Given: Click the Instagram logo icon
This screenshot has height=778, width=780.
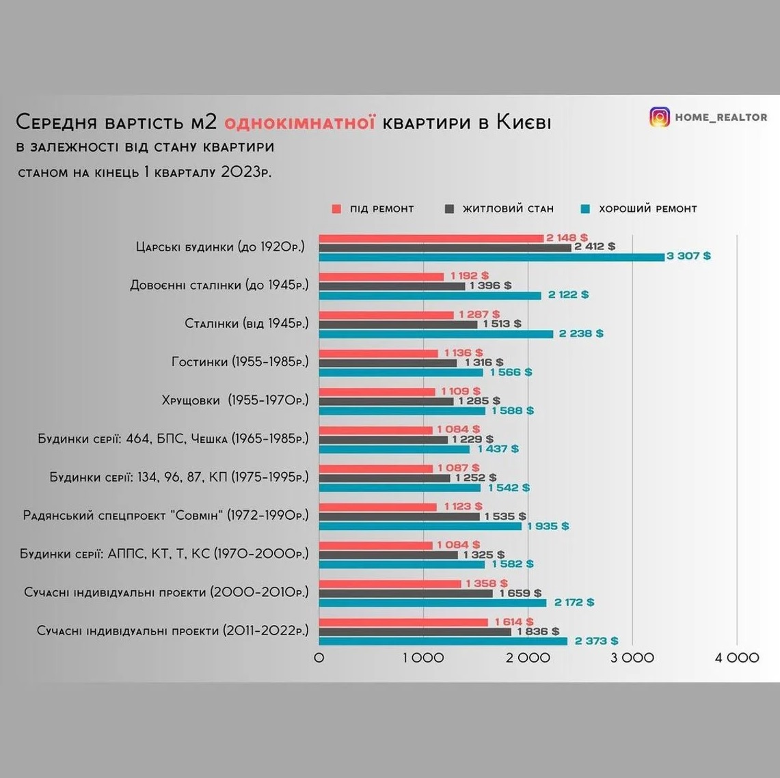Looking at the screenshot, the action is pos(660,117).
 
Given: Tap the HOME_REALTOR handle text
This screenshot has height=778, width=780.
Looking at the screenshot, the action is pos(721,117).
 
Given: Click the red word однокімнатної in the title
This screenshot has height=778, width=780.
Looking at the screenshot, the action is pos(299,122).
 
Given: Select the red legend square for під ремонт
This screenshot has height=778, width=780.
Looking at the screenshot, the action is pos(336,209).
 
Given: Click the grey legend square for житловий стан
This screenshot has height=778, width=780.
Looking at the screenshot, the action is pos(449,209).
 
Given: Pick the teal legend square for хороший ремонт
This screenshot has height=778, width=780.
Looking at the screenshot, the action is pos(585,209).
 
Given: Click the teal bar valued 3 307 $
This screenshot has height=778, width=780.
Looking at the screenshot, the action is pos(492,257).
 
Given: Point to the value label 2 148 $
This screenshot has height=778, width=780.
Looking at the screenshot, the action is pos(567,238).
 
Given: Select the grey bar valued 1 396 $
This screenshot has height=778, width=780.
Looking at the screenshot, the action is pos(392,286).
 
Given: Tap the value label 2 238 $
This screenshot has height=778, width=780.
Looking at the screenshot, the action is pos(581,333).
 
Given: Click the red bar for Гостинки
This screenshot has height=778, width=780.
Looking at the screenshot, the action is pos(379,353).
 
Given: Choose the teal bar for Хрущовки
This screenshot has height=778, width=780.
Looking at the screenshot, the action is pos(402,411).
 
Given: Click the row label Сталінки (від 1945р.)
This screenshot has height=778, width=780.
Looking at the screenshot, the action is pos(247,324).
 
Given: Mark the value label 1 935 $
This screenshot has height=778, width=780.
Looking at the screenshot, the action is pos(548,526).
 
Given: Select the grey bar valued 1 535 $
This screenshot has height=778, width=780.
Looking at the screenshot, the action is pos(399,516).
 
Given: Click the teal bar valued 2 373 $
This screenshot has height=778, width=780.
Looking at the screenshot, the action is pos(443,641).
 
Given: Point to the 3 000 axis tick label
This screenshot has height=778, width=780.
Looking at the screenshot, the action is pos(632,658).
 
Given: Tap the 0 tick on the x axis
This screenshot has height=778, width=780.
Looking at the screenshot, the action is pos(319,658).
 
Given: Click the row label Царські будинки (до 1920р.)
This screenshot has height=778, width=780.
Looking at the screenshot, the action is pos(220,247).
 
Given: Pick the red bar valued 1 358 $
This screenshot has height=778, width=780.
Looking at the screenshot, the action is pos(390,583).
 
